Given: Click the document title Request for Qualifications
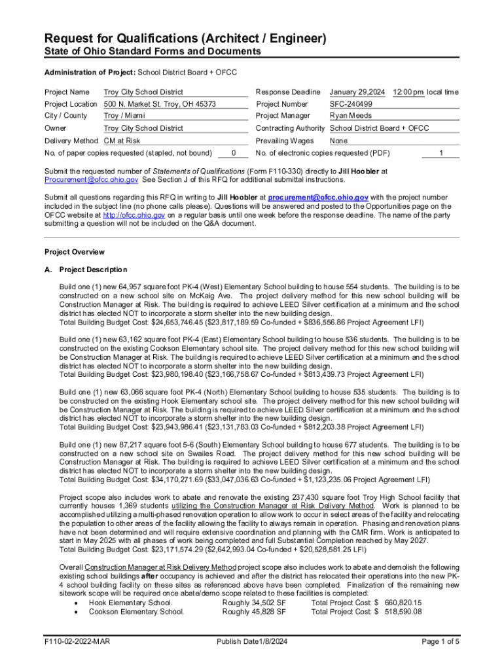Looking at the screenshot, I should pos(185,39).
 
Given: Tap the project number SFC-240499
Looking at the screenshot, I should pos(351,104).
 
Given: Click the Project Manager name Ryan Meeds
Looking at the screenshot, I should pos(351,116).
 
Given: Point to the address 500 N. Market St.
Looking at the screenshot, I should pos(160,104).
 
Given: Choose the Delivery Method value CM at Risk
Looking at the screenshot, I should pos(122,141).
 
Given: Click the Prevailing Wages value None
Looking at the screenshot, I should pos(338,141).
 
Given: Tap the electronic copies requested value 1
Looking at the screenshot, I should pos(441,153).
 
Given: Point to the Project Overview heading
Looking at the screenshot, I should pos(74,252).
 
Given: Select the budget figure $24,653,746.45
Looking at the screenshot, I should pos(174,323).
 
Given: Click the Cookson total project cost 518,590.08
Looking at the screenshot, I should pos(403,612).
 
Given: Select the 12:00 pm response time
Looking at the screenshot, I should pos(408,92).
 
